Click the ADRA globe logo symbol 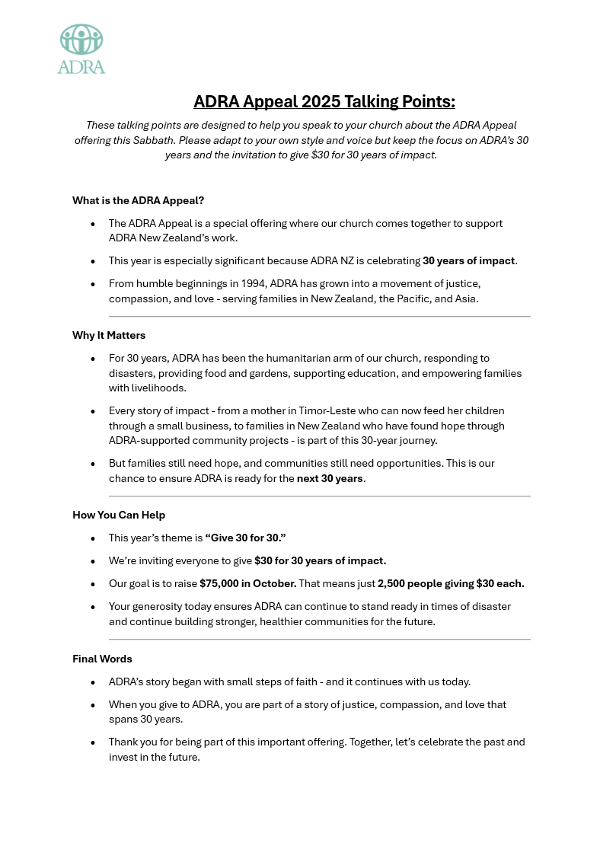[81, 40]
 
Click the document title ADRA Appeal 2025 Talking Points [324, 102]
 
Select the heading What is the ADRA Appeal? [138, 201]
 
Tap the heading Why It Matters [109, 335]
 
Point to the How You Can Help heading [119, 515]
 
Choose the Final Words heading [102, 659]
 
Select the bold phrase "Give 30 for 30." [245, 538]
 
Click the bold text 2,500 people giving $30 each [451, 584]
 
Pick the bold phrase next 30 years [330, 479]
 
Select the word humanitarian [309, 358]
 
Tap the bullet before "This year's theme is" [93, 538]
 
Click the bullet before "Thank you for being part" [93, 742]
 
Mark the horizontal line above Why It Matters [319, 316]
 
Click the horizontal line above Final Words [319, 640]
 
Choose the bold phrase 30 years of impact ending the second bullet [469, 260]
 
